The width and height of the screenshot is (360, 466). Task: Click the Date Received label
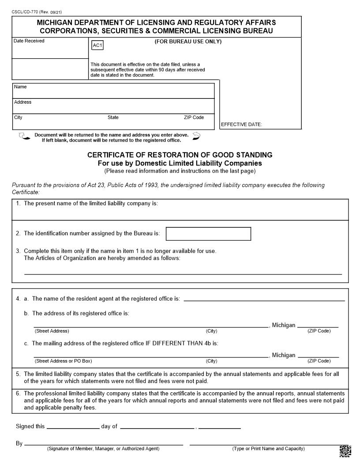pyautogui.click(x=29, y=41)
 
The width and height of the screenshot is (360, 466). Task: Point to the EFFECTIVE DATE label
pyautogui.click(x=241, y=124)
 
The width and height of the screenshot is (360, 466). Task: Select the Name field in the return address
pyautogui.click(x=113, y=91)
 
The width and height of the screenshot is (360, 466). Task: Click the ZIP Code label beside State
pyautogui.click(x=194, y=117)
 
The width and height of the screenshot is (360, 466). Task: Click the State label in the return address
pyautogui.click(x=113, y=117)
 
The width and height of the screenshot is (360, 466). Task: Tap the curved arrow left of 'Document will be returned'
pyautogui.click(x=24, y=136)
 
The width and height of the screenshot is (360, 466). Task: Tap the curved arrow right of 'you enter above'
pyautogui.click(x=197, y=135)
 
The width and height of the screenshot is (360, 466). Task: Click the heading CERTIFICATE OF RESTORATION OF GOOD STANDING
pyautogui.click(x=180, y=155)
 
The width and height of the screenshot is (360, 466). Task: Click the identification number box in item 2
pyautogui.click(x=208, y=234)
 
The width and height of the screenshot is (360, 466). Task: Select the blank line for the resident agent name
pyautogui.click(x=264, y=300)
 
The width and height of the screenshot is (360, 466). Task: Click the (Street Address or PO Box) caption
pyautogui.click(x=64, y=361)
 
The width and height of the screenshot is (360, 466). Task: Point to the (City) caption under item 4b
pyautogui.click(x=211, y=331)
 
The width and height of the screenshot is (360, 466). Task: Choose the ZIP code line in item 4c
pyautogui.click(x=318, y=356)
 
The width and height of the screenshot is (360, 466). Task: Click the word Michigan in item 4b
pyautogui.click(x=284, y=325)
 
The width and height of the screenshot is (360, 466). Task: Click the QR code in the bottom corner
pyautogui.click(x=345, y=451)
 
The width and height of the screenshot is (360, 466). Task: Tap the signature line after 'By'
pyautogui.click(x=104, y=444)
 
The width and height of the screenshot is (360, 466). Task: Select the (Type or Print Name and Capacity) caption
pyautogui.click(x=268, y=449)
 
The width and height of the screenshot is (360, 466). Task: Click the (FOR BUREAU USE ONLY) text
pyautogui.click(x=188, y=42)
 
